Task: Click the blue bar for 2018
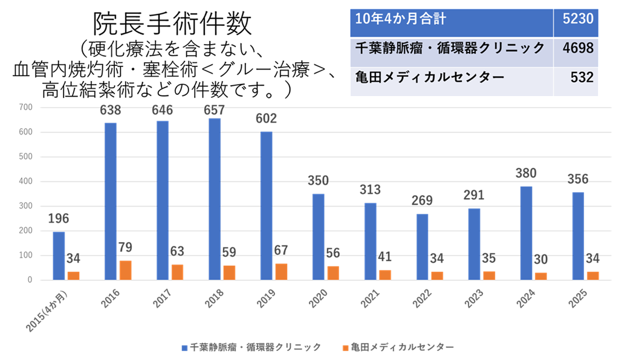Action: [x=215, y=199]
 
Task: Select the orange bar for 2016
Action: [x=125, y=270]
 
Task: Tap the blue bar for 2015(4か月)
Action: [x=59, y=256]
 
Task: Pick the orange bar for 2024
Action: [x=541, y=276]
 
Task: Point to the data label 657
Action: [x=215, y=110]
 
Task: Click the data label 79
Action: [x=125, y=248]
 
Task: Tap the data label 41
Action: [x=384, y=257]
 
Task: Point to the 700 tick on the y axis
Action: [x=26, y=108]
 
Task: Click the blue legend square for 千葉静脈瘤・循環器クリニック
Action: [x=184, y=347]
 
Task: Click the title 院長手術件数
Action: [x=172, y=24]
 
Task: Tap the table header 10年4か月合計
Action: [x=401, y=19]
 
